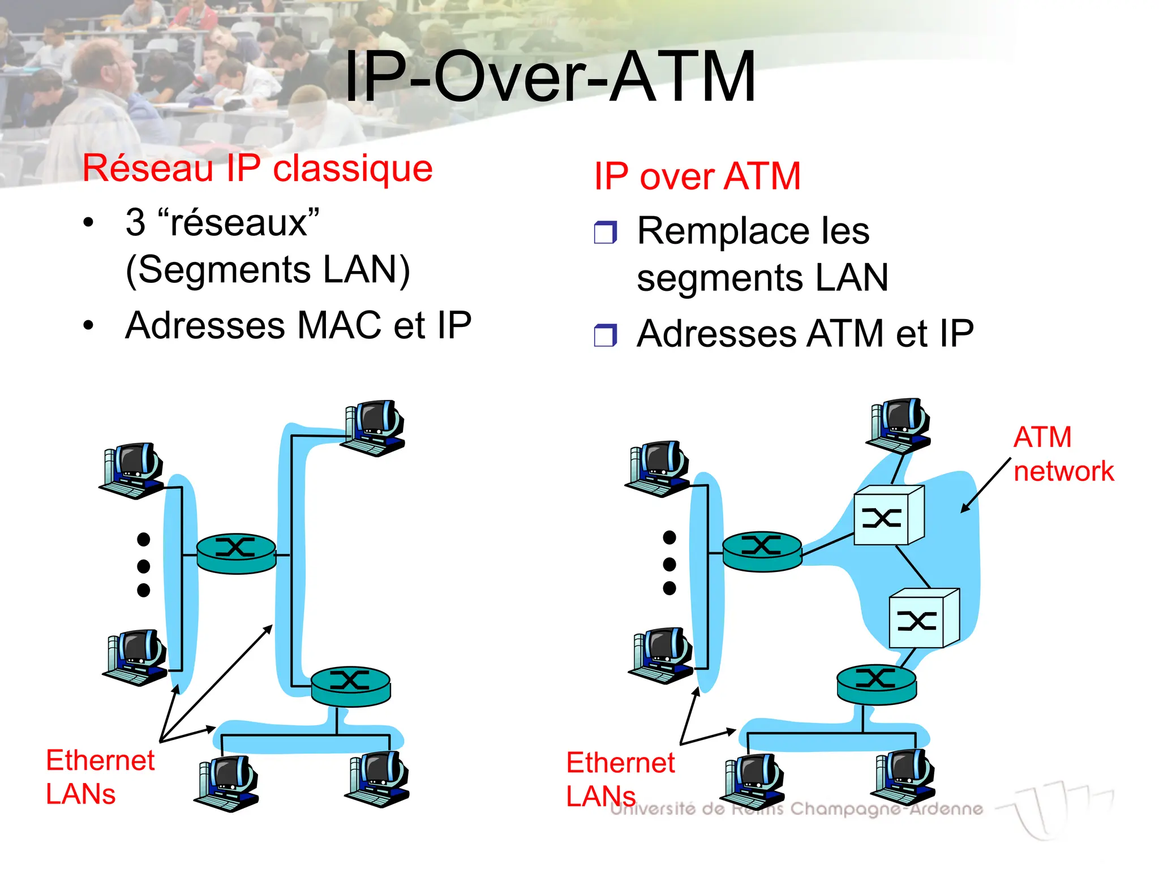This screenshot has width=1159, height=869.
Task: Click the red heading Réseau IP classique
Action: point(257,168)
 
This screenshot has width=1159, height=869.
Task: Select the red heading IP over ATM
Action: point(697,176)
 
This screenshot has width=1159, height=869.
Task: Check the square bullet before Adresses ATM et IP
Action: point(605,335)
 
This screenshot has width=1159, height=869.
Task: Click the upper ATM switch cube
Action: point(888,515)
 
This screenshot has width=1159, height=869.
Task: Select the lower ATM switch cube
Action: point(924,618)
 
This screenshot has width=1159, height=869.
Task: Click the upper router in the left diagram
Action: point(236,553)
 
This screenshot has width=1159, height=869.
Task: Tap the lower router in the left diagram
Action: point(351,686)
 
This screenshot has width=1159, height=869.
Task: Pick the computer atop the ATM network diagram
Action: point(900,425)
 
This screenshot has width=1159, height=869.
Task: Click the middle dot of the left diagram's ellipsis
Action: point(144,565)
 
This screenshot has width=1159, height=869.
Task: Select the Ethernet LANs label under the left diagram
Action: point(100,776)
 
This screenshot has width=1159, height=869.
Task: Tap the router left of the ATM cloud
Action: point(762,551)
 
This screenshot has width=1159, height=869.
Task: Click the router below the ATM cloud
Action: point(876,684)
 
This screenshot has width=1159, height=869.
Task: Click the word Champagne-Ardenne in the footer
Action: point(886,809)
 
